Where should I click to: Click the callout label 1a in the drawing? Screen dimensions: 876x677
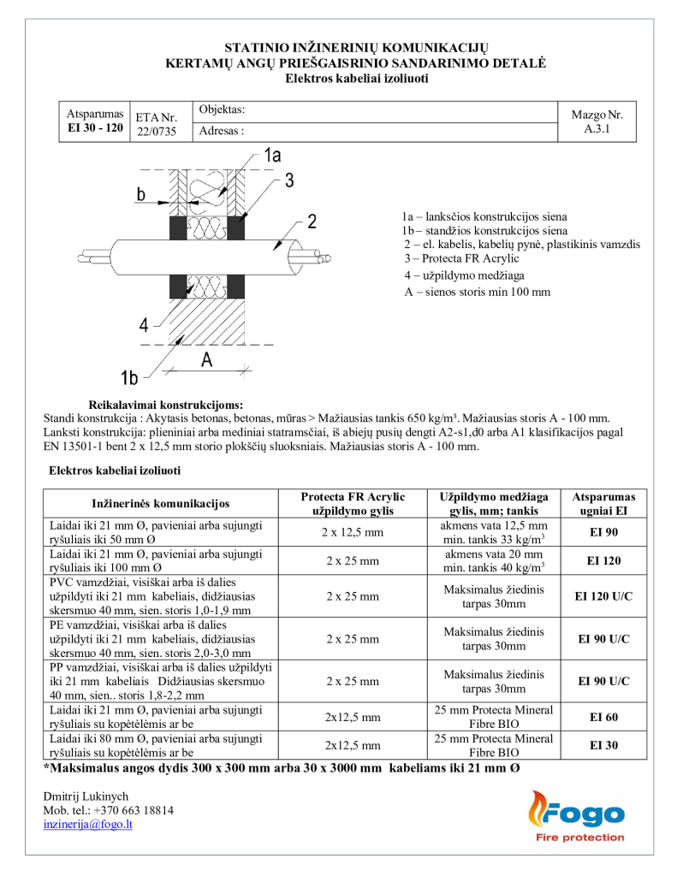pyautogui.click(x=272, y=155)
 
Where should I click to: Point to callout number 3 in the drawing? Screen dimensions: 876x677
pyautogui.click(x=289, y=180)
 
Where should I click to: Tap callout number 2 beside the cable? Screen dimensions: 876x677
pyautogui.click(x=312, y=222)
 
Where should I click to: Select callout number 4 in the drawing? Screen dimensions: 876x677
pyautogui.click(x=145, y=324)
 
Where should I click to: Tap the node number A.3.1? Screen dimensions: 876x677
pyautogui.click(x=597, y=131)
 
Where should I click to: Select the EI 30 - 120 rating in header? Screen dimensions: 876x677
pyautogui.click(x=95, y=127)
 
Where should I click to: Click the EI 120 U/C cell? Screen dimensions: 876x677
pyautogui.click(x=605, y=596)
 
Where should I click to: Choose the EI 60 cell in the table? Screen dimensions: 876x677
pyautogui.click(x=605, y=717)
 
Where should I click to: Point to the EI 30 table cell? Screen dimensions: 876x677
pyautogui.click(x=605, y=745)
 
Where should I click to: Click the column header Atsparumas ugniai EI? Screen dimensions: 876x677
pyautogui.click(x=605, y=503)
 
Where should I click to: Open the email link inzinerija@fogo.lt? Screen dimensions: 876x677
pyautogui.click(x=87, y=824)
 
